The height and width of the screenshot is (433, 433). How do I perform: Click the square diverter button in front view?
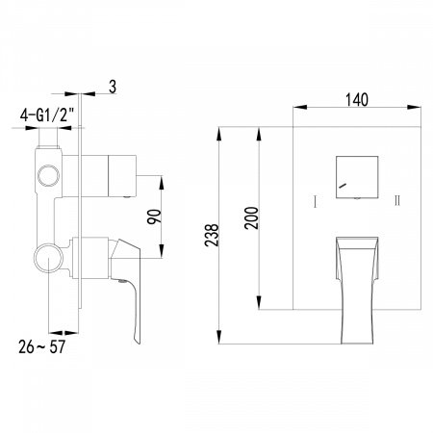tap(355, 177)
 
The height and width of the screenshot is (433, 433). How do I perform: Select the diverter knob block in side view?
tap(121, 175)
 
